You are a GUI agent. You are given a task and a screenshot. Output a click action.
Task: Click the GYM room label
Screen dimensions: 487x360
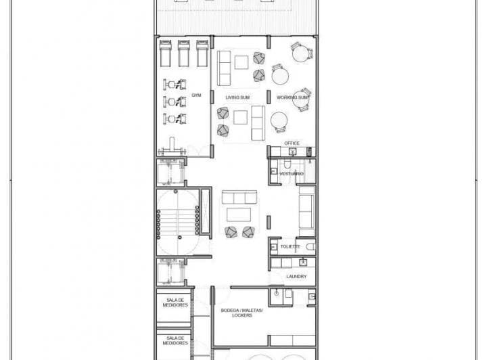196,95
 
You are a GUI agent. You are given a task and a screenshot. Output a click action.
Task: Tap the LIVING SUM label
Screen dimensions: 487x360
237,97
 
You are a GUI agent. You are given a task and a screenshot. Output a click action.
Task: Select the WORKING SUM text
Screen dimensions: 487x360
292,97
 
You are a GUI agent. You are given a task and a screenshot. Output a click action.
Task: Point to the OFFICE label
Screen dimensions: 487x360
292,143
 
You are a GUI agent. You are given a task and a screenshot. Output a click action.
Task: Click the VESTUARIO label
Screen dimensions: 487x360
292,174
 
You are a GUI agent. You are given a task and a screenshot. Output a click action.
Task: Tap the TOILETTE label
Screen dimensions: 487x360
290,246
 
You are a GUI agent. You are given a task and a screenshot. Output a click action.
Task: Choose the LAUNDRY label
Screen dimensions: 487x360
296,277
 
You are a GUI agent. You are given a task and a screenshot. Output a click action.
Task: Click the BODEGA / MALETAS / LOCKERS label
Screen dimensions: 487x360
242,313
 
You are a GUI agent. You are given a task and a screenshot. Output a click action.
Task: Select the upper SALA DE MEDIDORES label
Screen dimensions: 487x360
175,302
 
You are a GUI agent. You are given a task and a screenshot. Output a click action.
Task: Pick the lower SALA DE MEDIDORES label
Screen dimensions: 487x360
175,340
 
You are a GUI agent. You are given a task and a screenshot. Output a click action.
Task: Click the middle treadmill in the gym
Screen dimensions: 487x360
184,53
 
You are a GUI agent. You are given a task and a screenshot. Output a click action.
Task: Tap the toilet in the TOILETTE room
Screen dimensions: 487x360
310,247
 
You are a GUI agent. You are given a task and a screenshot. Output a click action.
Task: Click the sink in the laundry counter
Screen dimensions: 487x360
303,263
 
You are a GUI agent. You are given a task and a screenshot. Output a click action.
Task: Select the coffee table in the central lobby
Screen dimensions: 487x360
239,215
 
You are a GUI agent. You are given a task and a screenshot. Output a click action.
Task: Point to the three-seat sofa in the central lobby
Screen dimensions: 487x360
239,197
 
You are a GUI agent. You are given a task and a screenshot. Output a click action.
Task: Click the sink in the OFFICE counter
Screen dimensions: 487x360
293,152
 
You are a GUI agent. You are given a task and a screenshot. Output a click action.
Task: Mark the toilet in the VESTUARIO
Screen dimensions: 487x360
287,164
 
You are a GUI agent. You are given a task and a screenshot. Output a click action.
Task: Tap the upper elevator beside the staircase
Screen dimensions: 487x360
170,172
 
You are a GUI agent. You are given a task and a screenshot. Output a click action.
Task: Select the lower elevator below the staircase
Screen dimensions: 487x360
170,271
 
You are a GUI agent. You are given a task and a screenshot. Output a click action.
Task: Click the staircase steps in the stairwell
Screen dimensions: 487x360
178,223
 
